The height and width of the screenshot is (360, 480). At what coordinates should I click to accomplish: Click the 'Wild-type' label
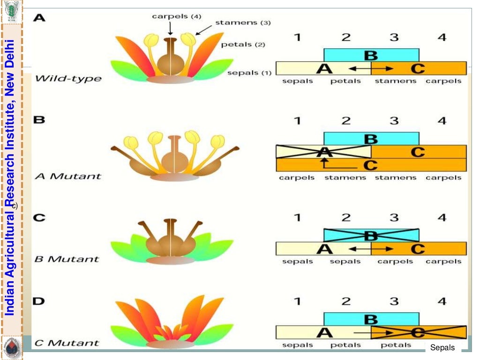coord(68,78)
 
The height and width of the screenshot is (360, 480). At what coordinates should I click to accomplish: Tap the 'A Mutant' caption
coord(68,176)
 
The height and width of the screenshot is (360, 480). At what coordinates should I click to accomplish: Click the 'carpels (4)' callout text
coord(177,16)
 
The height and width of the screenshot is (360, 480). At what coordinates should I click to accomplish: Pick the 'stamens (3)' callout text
coord(243,22)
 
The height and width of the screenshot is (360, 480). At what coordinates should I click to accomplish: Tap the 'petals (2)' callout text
coord(243,45)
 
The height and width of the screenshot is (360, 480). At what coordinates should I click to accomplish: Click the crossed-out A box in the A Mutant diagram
coord(323,152)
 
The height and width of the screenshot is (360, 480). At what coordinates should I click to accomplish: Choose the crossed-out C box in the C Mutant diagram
coord(418,332)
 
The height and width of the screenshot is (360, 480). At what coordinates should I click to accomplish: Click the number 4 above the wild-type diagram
coord(442,37)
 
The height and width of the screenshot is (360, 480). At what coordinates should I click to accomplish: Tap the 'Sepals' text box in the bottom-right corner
coord(442,348)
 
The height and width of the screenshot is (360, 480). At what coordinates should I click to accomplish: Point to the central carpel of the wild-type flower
coord(170,59)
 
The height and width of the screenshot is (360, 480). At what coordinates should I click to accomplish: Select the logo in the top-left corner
coord(11,11)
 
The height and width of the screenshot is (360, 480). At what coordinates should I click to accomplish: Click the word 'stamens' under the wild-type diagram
coord(395,81)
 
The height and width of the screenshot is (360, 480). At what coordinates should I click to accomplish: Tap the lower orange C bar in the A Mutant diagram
coord(371,165)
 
